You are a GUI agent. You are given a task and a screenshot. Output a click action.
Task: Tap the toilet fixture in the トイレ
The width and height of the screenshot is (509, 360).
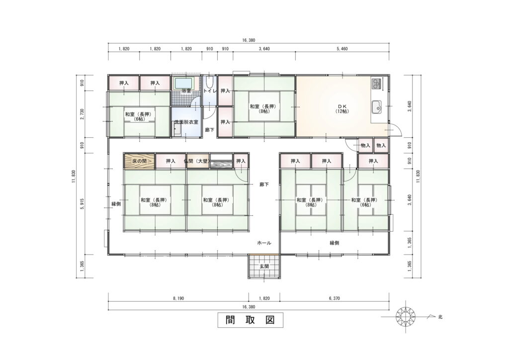point(210,82)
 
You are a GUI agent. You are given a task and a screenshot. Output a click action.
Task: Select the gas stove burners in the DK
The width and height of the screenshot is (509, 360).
point(376,84)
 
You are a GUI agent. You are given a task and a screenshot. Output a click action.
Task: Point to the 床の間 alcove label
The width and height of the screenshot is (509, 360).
point(139,161)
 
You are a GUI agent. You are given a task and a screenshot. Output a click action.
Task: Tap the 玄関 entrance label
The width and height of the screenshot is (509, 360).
point(264,267)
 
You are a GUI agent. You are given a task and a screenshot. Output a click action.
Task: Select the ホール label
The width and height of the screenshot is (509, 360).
point(264,243)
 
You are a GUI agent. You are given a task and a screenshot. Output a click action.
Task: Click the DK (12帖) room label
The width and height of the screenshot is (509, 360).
point(342,109)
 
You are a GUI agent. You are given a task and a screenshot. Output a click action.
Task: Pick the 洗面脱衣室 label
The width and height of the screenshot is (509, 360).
point(186,122)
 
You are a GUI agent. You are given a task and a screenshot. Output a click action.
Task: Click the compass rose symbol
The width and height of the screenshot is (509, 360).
point(406,316)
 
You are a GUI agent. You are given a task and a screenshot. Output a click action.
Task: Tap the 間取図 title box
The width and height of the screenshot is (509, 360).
point(251,320)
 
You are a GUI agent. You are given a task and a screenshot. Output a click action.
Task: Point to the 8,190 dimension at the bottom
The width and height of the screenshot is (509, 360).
point(178,298)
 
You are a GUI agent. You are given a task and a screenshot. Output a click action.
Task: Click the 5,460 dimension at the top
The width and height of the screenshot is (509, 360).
point(342,49)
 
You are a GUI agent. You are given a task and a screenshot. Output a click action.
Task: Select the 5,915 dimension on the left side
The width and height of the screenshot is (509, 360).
point(82,203)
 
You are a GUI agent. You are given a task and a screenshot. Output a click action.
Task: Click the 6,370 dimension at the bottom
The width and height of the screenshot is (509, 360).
point(334,298)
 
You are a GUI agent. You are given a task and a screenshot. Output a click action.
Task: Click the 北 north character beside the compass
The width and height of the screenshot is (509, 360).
point(440,317)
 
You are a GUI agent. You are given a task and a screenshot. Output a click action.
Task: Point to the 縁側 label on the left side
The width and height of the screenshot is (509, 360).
point(116,204)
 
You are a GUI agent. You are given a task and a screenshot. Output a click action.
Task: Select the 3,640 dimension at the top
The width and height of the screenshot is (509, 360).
point(264,49)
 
